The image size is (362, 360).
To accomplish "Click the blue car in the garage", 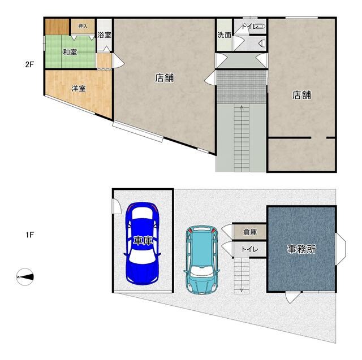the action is pos(143,244).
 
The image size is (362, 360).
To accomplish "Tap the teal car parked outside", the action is pos(201,260).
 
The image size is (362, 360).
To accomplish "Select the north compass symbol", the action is pos(25,277).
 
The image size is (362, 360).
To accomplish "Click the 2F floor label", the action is pos(29,64).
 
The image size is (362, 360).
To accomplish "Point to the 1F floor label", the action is pos(30,235).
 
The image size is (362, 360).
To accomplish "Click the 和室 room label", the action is pos(70,52).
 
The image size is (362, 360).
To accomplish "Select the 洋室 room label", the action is pos(79,88).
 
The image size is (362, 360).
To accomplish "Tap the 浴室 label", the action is pos(104,35).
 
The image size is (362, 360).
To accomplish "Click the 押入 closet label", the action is pos(83,27).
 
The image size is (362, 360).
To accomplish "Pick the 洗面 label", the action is pos(224,35).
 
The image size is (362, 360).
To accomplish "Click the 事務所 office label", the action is pos(301,249).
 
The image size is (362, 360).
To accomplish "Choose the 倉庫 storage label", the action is pos(250,232).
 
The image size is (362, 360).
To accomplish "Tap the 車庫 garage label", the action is pos(143,241).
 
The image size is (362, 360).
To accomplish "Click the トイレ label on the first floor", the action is pos(250,249).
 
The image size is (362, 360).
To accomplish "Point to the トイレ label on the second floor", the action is pos(250,27).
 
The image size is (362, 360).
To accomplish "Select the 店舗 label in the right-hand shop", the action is pos(301,95).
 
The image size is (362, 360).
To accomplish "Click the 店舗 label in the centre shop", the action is pos(165,78).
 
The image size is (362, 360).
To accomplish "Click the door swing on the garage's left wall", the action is pos(117,206).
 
